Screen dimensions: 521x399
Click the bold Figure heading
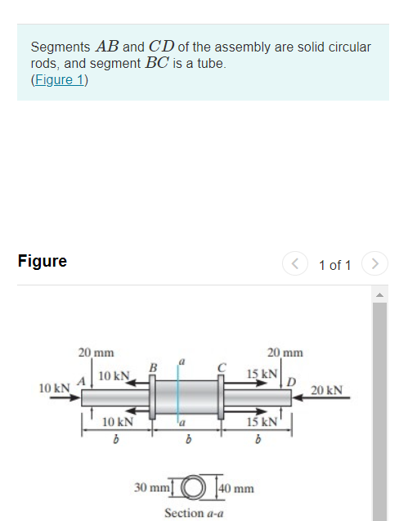42,262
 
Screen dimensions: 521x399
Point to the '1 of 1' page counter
334,265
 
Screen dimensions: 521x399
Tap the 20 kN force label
327,390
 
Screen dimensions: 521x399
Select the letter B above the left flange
151,367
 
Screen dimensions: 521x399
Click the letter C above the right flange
221,367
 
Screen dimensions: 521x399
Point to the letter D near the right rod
289,380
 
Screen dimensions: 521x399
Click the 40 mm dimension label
236,489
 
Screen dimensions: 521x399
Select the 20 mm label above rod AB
96,353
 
